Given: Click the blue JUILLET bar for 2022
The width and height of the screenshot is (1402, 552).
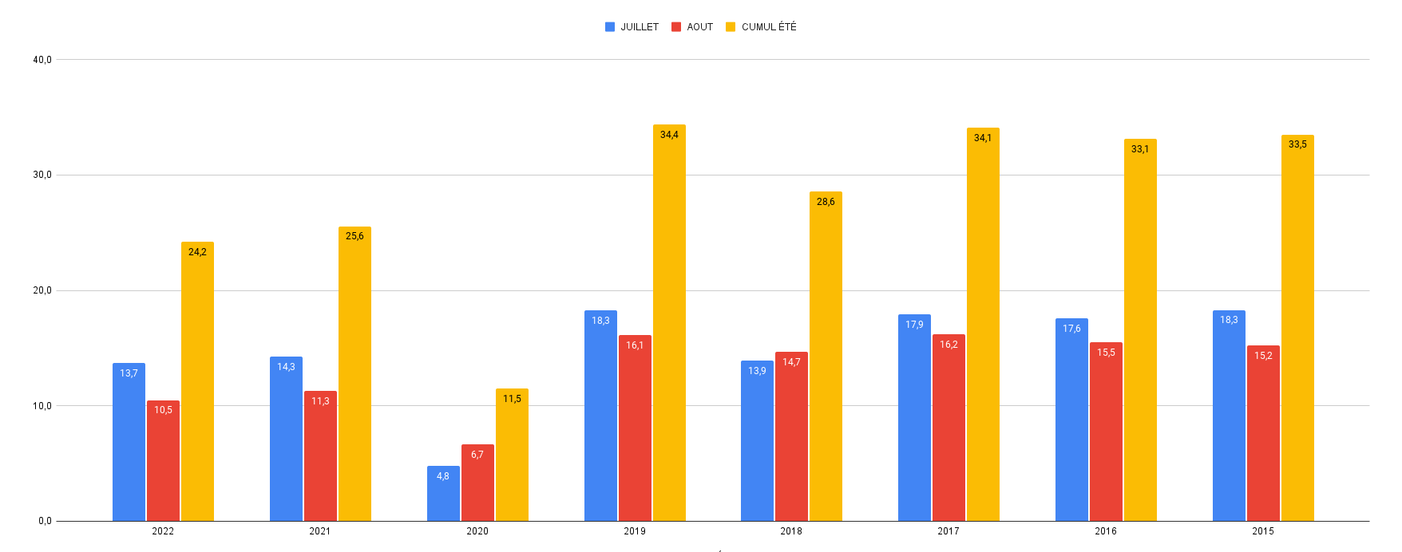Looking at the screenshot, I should pos(129,443).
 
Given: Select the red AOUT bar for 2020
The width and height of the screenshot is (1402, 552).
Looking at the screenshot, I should pos(477,483).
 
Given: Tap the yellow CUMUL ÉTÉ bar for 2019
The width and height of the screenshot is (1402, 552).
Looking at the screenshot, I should pos(669,323).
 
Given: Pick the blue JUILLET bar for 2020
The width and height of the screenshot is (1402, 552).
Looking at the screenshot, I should pos(443,494).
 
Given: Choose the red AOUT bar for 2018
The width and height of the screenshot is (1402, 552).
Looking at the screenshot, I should pos(791,436).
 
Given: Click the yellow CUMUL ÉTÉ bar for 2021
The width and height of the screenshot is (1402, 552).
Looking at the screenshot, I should pos(354,374).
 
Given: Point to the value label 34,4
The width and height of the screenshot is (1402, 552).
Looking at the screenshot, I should pos(669,135).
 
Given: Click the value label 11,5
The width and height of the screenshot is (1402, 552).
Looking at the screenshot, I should pos(512,399).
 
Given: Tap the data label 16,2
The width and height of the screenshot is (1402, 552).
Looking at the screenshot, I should pos(949,345).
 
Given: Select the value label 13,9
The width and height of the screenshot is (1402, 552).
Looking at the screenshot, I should pos(757,371).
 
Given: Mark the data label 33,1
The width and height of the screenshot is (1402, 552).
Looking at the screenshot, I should pos(1140,149).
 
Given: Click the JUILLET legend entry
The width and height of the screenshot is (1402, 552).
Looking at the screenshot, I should pos(632,27).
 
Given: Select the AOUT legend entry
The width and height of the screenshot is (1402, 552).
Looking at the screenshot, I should pos(692,27).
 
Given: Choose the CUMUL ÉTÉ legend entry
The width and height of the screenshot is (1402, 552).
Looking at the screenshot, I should pos(761,27).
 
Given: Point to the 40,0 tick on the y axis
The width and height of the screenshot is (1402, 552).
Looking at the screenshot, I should pos(42,60).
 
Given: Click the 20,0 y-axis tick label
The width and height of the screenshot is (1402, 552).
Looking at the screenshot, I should pos(42,290).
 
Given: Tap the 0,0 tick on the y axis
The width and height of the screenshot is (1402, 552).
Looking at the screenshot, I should pos(45,521).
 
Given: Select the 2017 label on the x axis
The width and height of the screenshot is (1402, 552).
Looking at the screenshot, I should pos(949,531).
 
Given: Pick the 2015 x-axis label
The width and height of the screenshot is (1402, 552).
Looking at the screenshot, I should pos(1263,531).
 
